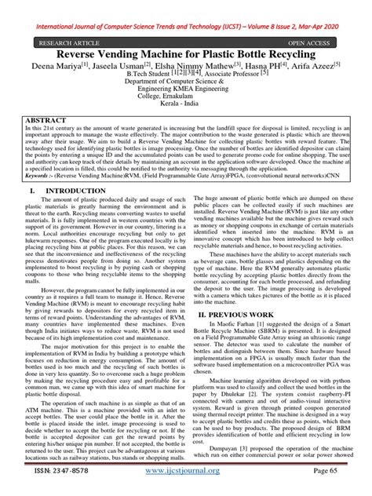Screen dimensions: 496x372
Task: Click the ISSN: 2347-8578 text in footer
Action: (60, 487)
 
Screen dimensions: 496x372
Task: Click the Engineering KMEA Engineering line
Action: (185, 97)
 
